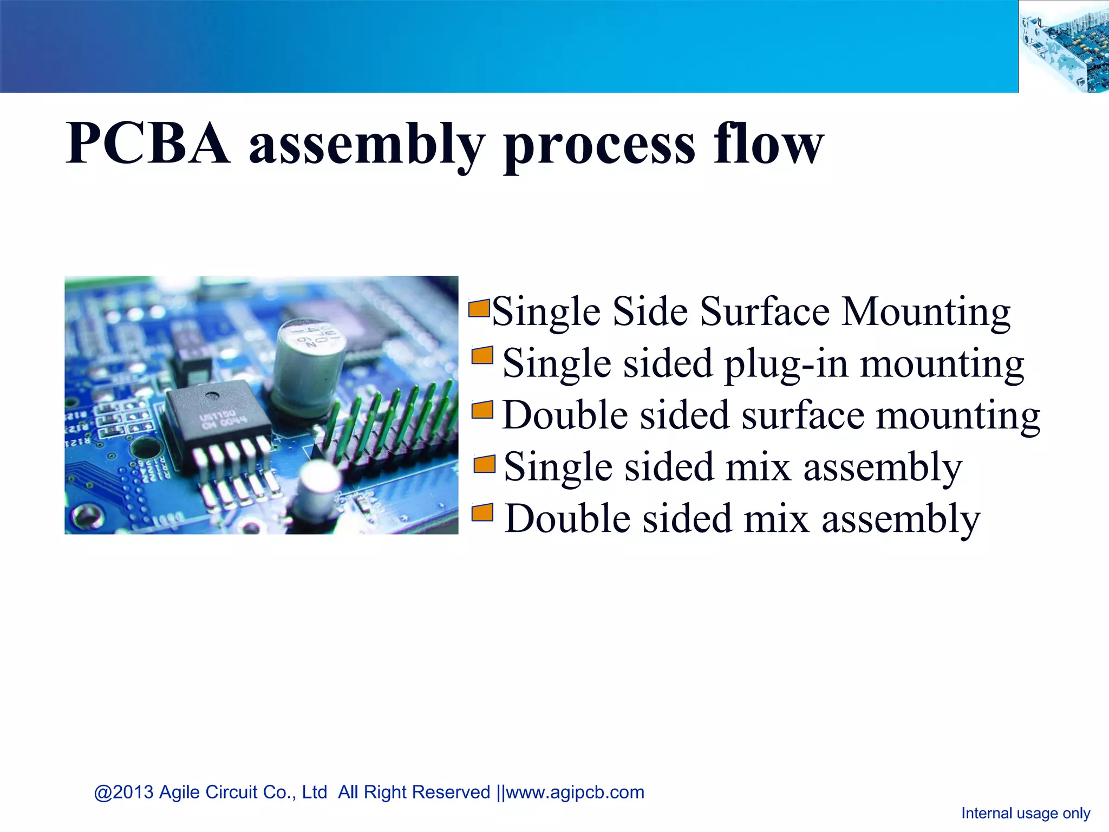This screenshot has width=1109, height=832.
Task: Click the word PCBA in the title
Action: [x=147, y=144]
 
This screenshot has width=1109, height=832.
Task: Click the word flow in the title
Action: [x=768, y=143]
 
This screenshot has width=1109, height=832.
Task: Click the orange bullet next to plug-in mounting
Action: [x=482, y=356]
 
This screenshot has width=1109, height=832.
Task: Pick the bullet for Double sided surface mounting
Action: [x=482, y=409]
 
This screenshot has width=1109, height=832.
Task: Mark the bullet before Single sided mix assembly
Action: [x=484, y=464]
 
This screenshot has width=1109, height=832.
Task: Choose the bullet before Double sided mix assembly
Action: [x=482, y=512]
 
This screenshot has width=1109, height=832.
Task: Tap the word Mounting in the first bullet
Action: [x=925, y=313]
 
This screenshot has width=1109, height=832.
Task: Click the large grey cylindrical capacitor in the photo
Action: [x=308, y=363]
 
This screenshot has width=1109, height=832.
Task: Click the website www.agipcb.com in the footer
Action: [x=575, y=792]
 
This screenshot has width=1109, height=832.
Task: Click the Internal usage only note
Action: [x=1025, y=813]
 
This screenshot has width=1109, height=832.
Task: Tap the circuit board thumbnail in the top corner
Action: [x=1064, y=47]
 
